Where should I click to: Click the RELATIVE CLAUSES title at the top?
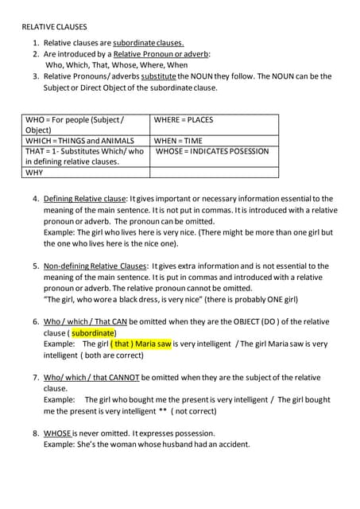[53, 25]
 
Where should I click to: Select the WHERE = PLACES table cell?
[184, 120]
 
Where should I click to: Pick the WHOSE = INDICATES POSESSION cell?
[213, 151]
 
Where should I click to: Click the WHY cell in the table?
[35, 172]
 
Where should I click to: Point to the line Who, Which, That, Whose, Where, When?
[117, 65]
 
